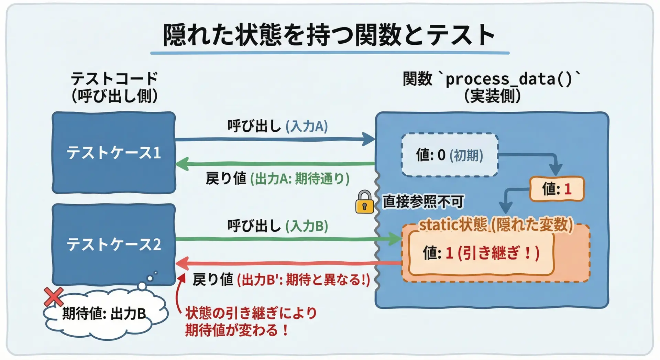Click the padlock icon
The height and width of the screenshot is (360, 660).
[x=364, y=203]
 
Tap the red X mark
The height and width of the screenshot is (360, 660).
[x=54, y=296]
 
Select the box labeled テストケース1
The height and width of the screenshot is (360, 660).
[x=114, y=153]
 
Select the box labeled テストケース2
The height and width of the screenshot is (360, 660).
[x=114, y=244]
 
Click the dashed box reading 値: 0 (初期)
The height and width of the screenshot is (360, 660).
[x=450, y=155]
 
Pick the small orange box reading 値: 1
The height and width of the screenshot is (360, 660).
[x=557, y=189]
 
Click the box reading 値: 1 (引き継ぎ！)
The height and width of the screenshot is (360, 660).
[x=481, y=253]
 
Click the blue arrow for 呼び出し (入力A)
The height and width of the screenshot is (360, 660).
[x=275, y=139]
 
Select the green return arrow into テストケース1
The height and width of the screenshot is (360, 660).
[x=275, y=164]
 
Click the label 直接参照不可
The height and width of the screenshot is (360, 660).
[x=423, y=201]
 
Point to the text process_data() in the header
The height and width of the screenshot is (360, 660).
[x=509, y=79]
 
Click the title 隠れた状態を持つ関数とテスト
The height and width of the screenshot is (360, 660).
[x=329, y=35]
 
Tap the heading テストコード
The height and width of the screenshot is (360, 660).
[x=114, y=79]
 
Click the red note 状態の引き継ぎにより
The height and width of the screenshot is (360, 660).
[x=251, y=313]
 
